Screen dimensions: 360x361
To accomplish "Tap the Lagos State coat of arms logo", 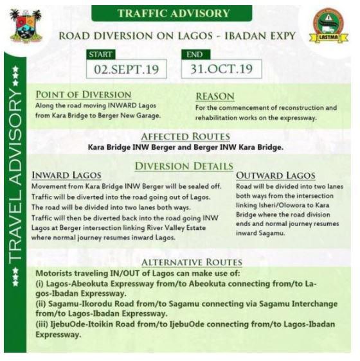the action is pos(24,26).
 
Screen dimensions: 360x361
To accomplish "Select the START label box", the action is pos(102,55).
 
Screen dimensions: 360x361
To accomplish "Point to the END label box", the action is pos(195,55).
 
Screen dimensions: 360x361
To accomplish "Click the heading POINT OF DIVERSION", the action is pos(83,94).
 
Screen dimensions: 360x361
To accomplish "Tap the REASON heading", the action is pos(215,96).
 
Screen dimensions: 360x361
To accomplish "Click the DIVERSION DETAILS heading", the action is pos(184,166).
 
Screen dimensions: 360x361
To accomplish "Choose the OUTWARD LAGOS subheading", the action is pos(276,175).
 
